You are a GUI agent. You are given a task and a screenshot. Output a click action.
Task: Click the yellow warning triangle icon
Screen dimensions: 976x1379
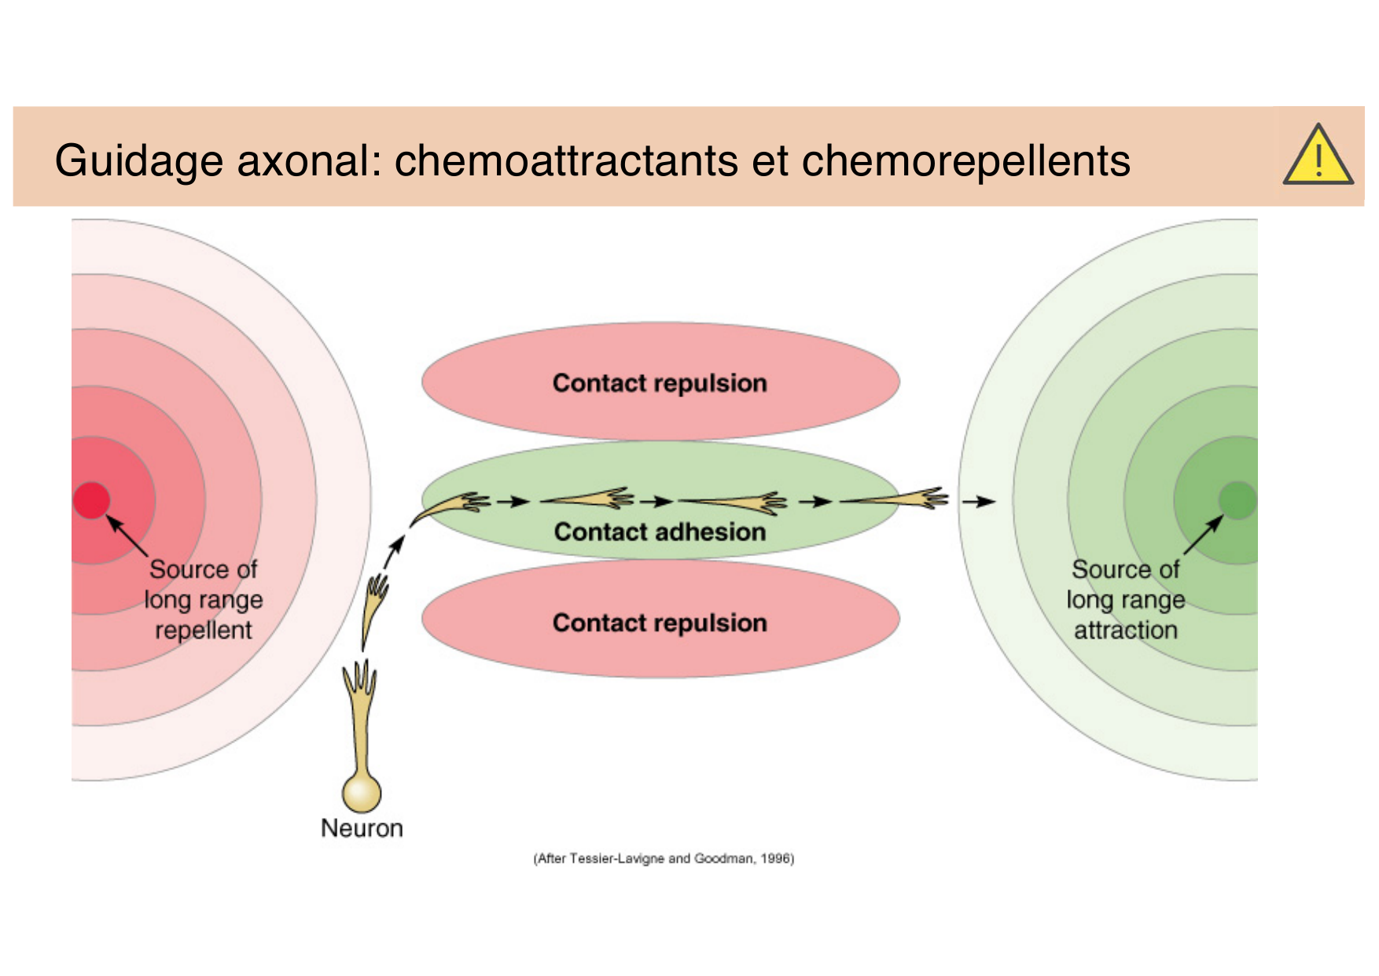[x=1318, y=157]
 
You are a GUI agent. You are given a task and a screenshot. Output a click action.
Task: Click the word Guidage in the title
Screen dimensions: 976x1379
[x=138, y=161]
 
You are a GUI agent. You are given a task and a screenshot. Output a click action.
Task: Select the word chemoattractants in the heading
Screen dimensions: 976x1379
[x=566, y=161]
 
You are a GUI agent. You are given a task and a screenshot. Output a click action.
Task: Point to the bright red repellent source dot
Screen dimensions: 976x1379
[x=91, y=501]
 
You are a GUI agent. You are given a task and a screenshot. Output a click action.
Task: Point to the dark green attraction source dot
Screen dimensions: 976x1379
[x=1237, y=501]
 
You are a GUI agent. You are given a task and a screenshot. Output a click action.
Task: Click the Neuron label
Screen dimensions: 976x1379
[x=362, y=828]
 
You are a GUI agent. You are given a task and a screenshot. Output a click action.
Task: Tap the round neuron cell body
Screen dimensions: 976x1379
[x=362, y=793]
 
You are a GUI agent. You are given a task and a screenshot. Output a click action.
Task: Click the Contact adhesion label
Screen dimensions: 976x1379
[x=660, y=532]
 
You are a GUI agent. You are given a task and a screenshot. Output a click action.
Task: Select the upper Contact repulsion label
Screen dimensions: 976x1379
[x=660, y=383]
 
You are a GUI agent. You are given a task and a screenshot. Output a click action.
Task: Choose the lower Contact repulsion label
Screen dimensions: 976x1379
[x=660, y=623]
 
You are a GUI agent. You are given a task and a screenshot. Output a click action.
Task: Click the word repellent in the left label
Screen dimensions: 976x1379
[x=204, y=630]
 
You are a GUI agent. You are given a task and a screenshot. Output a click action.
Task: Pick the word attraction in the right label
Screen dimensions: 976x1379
[x=1126, y=630]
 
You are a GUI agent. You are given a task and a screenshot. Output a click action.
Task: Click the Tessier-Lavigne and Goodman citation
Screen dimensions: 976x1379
[x=664, y=858]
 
